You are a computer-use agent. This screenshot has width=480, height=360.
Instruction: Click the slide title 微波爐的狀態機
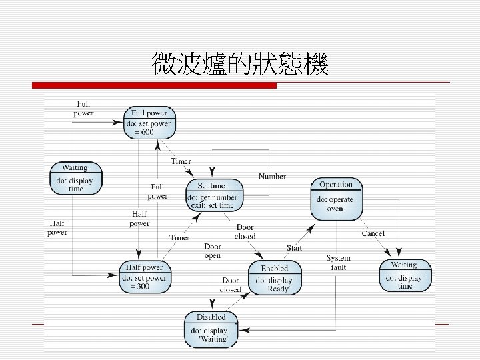[240, 65]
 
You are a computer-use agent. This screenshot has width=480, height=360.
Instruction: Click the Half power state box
[143, 277]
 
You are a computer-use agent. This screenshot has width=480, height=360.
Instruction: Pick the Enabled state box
[275, 277]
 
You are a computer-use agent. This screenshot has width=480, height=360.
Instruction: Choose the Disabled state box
[211, 329]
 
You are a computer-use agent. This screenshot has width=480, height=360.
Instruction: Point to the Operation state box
[336, 198]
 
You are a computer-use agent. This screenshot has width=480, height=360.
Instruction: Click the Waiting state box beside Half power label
[75, 178]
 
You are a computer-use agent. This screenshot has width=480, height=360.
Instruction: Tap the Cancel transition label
[373, 233]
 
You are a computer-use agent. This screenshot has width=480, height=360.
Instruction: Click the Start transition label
[294, 248]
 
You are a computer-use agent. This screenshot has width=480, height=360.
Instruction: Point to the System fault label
[338, 263]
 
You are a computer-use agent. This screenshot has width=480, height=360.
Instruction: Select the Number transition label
[272, 176]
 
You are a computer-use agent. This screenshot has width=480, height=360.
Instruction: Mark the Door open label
[213, 251]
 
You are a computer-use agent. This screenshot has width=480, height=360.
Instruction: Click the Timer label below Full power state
[181, 161]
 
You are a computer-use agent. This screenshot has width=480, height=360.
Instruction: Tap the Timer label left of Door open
[179, 237]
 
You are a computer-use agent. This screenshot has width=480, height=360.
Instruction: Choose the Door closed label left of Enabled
[231, 285]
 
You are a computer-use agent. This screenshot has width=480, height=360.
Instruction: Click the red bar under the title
[155, 85]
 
